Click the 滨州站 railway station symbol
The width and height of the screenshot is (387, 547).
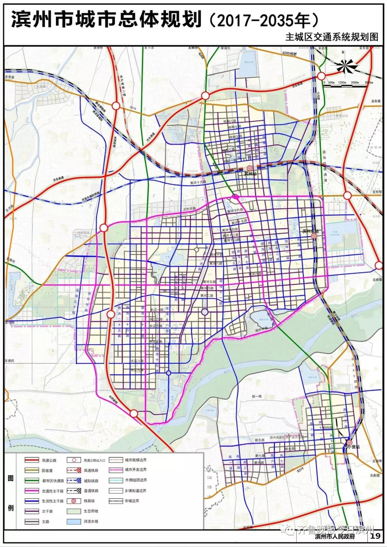[x=250, y=168]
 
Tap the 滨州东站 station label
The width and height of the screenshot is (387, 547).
[x=310, y=231]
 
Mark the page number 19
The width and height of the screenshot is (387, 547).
[x=376, y=536]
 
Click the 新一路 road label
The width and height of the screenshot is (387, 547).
[x=257, y=396]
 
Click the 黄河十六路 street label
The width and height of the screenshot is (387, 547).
[x=235, y=211]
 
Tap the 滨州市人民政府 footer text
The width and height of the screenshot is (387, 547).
[x=335, y=536]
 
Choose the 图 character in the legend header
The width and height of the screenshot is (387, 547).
[x=11, y=479]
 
